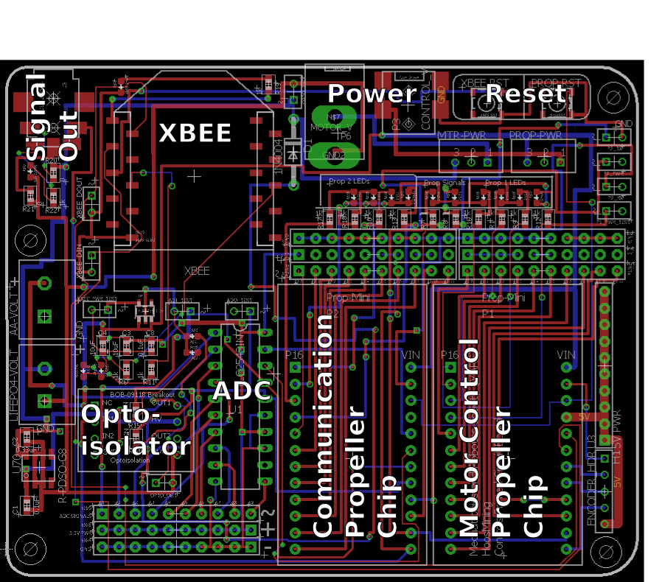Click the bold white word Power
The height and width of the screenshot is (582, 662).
click(372, 94)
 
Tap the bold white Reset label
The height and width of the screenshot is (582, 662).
click(526, 94)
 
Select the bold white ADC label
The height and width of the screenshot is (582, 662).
click(242, 391)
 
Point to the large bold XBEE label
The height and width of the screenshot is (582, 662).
click(195, 133)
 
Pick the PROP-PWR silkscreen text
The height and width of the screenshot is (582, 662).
click(535, 136)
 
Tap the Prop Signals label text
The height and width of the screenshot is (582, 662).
click(445, 182)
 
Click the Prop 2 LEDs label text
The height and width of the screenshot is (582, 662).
click(349, 180)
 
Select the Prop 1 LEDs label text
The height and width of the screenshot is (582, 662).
click(505, 182)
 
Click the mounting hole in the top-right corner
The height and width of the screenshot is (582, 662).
click(612, 96)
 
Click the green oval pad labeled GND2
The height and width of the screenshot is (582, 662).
click(335, 155)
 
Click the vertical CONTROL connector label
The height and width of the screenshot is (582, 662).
click(425, 107)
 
